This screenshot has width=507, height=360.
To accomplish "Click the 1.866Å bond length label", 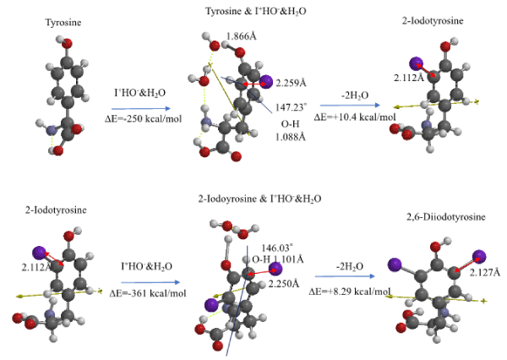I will click(246, 36).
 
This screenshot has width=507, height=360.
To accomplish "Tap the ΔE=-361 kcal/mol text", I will click(148, 292).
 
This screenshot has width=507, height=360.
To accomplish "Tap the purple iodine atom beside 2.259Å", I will click(266, 82).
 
